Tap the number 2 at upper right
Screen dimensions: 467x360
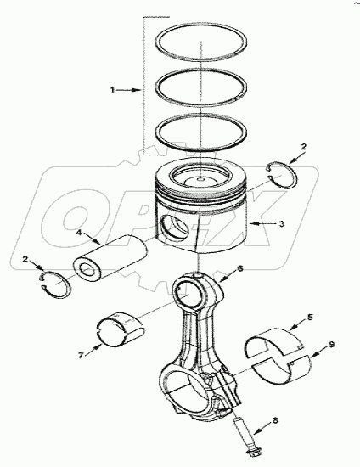[x=305, y=146]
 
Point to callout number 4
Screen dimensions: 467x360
[x=78, y=229]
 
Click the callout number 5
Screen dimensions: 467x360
[x=311, y=317]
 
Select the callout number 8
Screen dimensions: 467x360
[x=274, y=419]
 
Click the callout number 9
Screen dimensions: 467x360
[x=331, y=346]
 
